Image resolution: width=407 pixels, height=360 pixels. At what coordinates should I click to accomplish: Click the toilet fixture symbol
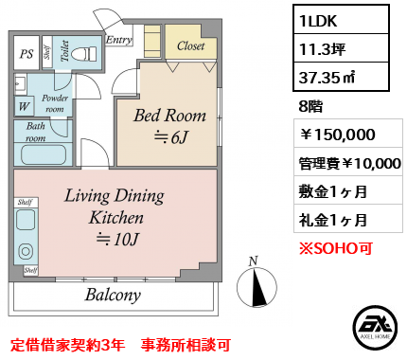84,54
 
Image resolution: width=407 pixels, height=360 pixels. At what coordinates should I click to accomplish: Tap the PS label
27,53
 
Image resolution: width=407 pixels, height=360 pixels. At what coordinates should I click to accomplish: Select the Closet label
191,46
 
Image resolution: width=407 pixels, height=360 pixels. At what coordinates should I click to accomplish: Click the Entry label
118,40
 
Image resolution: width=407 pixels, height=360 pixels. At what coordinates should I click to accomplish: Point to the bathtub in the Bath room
44,154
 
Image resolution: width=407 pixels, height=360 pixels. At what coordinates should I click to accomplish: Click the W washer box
24,106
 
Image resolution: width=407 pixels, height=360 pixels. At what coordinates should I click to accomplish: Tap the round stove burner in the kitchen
26,252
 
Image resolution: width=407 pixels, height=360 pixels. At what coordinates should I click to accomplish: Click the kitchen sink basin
26,220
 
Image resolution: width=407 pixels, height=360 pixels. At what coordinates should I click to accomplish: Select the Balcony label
113,295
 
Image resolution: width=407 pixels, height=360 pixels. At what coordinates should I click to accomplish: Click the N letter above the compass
254,261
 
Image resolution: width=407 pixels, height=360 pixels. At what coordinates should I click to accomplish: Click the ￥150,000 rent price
337,135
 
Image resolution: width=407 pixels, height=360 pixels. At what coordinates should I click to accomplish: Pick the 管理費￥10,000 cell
349,163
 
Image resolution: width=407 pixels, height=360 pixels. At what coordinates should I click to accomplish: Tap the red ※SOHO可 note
336,248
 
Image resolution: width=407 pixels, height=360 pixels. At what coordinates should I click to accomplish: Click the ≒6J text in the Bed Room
170,137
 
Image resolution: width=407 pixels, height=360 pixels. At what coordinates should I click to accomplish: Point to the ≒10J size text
117,240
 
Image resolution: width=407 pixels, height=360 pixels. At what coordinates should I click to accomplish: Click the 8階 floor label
310,106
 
